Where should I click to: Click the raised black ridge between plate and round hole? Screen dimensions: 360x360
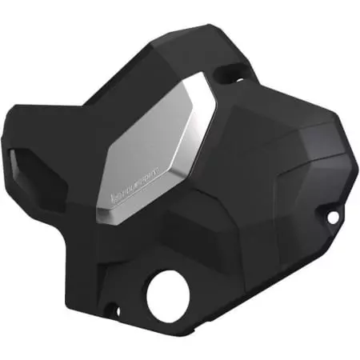tap(160, 240)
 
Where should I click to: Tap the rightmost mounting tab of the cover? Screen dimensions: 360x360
tap(336, 214)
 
